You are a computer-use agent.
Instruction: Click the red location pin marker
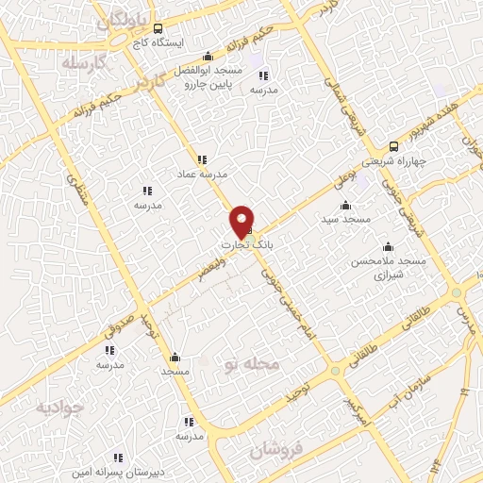pos(242,222)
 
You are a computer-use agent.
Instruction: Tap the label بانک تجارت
pos(245,244)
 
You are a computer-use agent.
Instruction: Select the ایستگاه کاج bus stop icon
pos(158,28)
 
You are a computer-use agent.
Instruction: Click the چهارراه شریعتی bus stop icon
pos(393,146)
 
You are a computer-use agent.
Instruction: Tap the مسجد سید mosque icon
pos(345,205)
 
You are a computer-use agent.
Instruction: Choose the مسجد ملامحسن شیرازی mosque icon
pos(389,247)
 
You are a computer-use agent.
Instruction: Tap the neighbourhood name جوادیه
pos(59,407)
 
